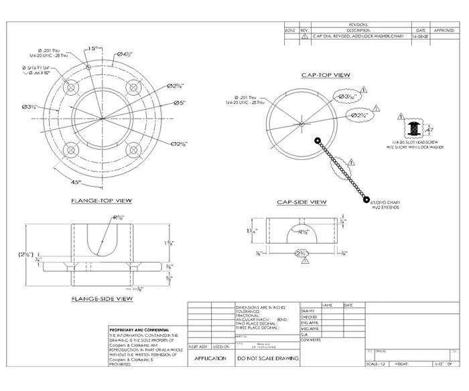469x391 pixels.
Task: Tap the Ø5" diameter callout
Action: [x=179, y=102]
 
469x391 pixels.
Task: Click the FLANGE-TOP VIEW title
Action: [x=101, y=201]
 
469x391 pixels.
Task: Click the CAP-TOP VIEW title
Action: [x=326, y=75]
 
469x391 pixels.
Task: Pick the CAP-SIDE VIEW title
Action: [x=301, y=202]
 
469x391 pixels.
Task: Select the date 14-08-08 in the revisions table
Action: [x=421, y=37]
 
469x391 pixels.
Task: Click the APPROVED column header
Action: [x=444, y=31]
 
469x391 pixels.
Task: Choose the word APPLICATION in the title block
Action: [x=210, y=359]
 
